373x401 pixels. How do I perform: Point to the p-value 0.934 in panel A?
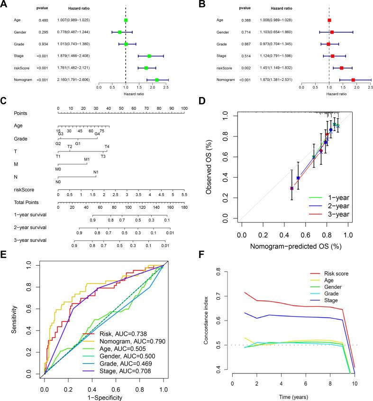point(42,44)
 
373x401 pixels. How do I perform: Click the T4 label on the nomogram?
point(107,146)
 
